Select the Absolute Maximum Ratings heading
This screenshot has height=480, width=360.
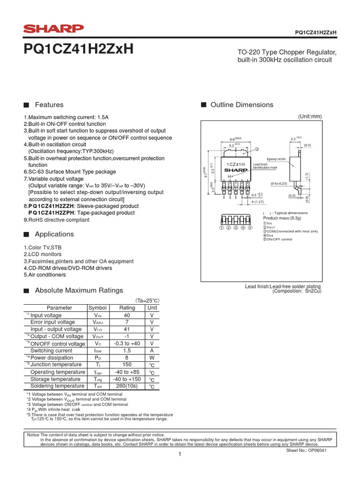(x=79, y=290)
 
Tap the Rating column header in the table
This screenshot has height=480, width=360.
(x=127, y=308)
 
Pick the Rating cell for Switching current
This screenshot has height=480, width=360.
(x=127, y=351)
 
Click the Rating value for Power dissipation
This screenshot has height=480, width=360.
(x=127, y=358)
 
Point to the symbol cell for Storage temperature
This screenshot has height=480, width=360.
(x=97, y=379)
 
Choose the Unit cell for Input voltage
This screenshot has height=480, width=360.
(x=152, y=315)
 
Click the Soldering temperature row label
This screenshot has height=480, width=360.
(x=57, y=386)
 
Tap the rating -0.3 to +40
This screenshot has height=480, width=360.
(x=127, y=344)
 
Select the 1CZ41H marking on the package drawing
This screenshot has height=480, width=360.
(x=236, y=165)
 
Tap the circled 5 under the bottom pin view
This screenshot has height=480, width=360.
(x=250, y=228)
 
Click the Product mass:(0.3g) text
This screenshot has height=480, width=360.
(x=282, y=218)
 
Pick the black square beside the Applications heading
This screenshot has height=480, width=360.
(x=26, y=234)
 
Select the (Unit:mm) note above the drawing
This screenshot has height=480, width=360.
(x=310, y=116)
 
